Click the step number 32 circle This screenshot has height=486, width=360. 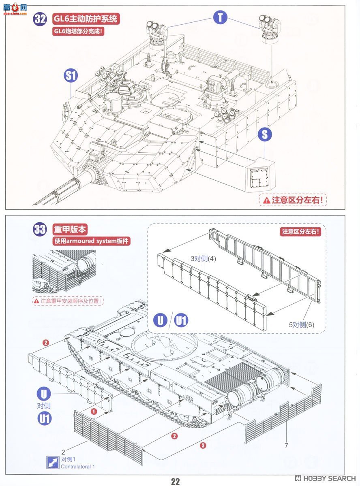click(x=40, y=20)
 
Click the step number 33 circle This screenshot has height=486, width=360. click(x=40, y=230)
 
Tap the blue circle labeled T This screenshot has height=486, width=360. click(x=220, y=17)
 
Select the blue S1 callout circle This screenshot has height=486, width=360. click(x=71, y=75)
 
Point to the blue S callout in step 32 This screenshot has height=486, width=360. click(x=264, y=135)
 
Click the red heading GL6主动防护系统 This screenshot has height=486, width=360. click(x=86, y=19)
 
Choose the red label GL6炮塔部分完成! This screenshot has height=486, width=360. click(x=78, y=32)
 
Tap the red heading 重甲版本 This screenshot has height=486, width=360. click(x=70, y=229)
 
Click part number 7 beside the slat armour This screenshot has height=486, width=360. click(x=286, y=446)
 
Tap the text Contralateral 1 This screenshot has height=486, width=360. click(x=78, y=467)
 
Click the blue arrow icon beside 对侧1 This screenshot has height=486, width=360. click(x=52, y=463)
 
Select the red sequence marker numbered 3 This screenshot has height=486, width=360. click(x=203, y=445)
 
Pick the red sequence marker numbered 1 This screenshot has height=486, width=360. click(x=94, y=411)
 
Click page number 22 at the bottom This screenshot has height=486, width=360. click(x=175, y=481)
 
